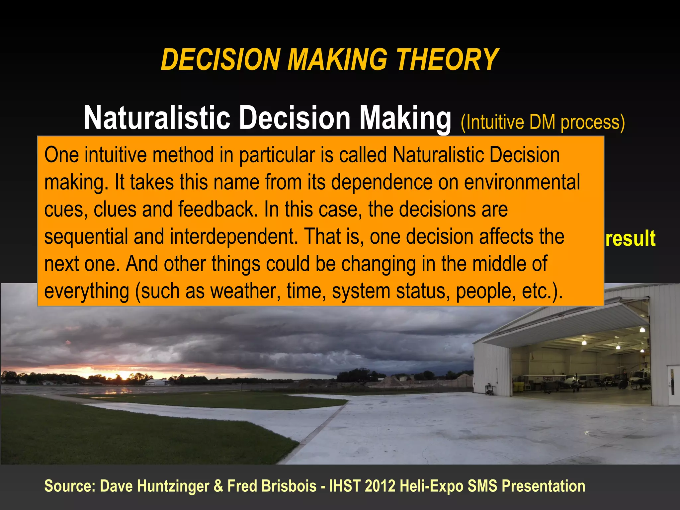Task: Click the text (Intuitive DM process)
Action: [x=543, y=123]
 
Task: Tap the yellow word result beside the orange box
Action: [x=630, y=238]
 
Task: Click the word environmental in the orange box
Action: [x=522, y=182]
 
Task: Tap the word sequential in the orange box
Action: [x=86, y=237]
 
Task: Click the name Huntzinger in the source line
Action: [x=173, y=486]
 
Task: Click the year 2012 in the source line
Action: [x=380, y=486]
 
